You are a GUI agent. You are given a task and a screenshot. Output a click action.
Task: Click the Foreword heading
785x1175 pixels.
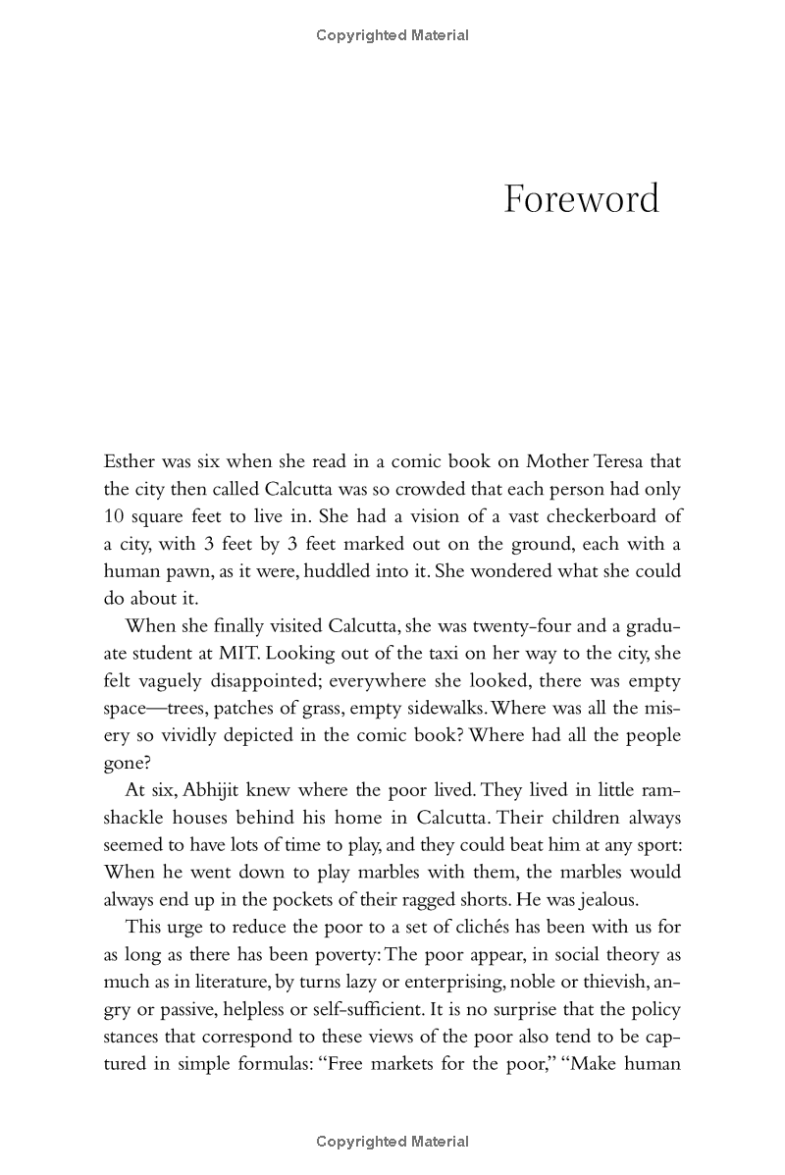(581, 199)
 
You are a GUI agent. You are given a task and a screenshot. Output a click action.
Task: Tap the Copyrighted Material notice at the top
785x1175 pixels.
(392, 35)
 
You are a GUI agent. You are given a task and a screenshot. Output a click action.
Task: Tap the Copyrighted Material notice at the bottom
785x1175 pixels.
(392, 1142)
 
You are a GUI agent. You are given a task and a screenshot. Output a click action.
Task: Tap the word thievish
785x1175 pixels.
(603, 982)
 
